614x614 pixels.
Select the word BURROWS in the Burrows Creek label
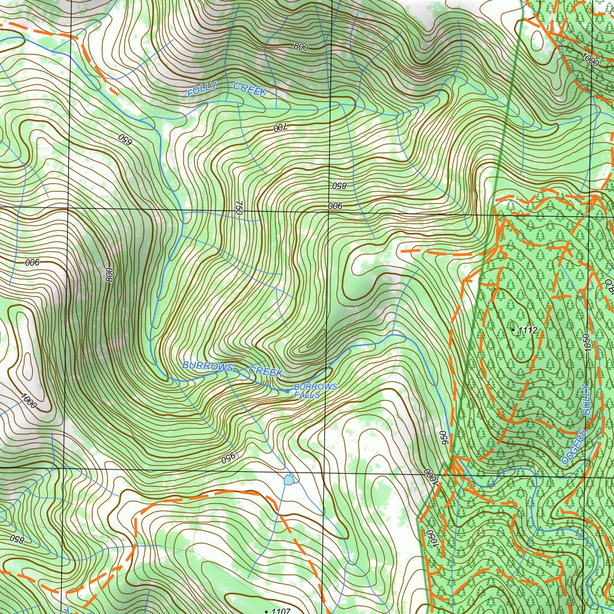click(207, 365)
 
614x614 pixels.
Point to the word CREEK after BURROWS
click(266, 372)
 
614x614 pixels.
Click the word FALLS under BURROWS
click(307, 396)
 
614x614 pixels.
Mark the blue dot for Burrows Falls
click(287, 391)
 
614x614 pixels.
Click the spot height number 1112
click(528, 330)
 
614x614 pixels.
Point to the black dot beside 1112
click(513, 330)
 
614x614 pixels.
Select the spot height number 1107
click(281, 611)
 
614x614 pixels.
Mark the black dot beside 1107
click(267, 611)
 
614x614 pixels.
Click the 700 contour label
click(281, 128)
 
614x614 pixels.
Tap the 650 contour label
click(124, 140)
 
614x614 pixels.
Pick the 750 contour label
click(238, 208)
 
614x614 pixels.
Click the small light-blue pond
click(289, 479)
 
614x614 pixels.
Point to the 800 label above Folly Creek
click(301, 46)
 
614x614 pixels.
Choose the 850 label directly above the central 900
click(339, 185)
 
